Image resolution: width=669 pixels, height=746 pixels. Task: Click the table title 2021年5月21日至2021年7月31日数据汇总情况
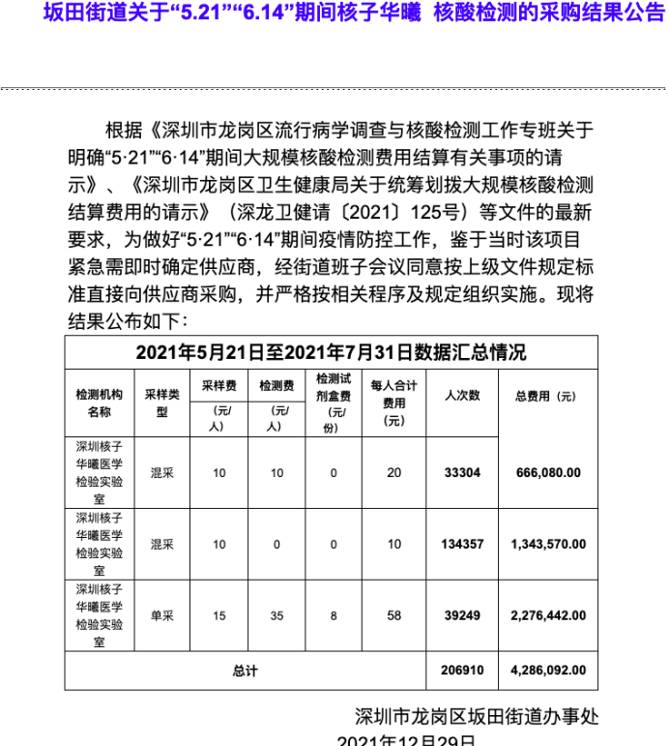pos(332,351)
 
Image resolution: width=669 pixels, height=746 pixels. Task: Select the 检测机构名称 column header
pos(100,403)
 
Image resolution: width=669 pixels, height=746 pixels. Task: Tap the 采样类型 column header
pos(162,403)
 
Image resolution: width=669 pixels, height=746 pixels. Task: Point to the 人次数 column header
pos(461,396)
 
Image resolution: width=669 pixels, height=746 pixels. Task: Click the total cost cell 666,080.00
pos(548,473)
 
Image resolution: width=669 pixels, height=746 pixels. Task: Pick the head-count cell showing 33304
pos(461,473)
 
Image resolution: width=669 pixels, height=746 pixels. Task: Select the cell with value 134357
pos(461,545)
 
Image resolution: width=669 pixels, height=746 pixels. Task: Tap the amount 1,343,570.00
pos(548,545)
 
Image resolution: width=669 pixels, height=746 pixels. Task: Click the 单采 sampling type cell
pos(162,615)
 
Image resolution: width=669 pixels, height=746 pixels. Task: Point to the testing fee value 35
pos(276,615)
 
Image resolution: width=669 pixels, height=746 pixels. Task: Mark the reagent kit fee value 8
pos(334,615)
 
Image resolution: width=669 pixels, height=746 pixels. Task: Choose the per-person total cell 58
pos(393,615)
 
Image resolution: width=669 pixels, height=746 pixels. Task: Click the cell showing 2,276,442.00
pos(548,615)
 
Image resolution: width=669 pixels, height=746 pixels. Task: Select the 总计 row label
pos(246,671)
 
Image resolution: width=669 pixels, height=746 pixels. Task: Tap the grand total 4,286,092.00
pos(548,671)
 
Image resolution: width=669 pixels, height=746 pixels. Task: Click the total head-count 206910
pos(461,671)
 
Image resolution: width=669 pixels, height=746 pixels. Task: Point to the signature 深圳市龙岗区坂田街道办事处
pos(477,717)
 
